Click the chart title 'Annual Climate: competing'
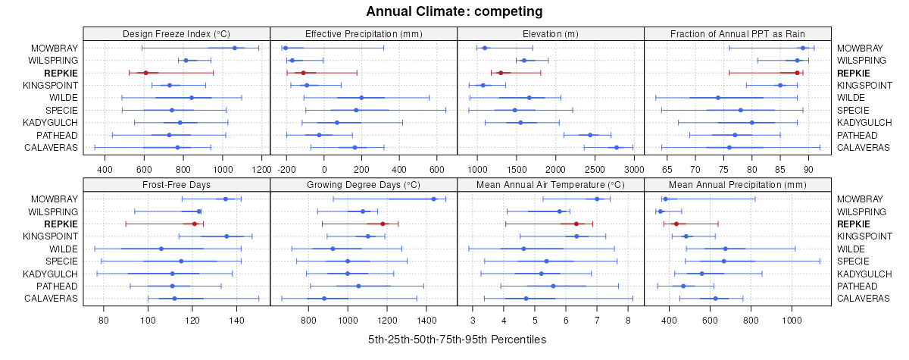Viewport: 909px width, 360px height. click(x=454, y=11)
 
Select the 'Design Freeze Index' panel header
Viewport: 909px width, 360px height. click(x=176, y=33)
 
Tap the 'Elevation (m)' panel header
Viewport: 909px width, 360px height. click(x=551, y=33)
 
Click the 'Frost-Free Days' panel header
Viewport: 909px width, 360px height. click(x=176, y=184)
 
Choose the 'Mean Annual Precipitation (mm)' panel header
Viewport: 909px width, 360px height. click(x=739, y=184)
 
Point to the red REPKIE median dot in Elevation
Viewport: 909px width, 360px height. click(x=501, y=73)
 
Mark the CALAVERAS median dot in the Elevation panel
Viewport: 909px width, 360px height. click(x=617, y=147)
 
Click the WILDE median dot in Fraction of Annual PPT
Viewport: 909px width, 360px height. click(x=718, y=97)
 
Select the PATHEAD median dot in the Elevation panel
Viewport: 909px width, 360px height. click(x=590, y=135)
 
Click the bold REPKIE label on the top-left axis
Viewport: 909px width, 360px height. click(x=61, y=73)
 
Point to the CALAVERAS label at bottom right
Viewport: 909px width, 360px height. click(x=863, y=298)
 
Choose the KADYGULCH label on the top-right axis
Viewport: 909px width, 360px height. click(x=864, y=122)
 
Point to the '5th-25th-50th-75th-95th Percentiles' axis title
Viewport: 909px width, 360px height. click(x=457, y=340)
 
